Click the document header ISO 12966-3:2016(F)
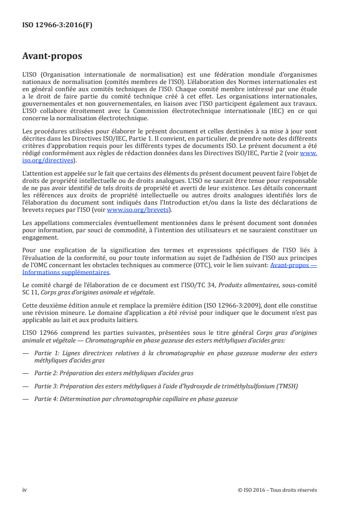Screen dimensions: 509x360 pyautogui.click(x=57, y=25)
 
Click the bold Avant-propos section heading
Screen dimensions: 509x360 pyautogui.click(x=52, y=57)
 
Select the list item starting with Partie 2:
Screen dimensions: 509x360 pyautogui.click(x=113, y=373)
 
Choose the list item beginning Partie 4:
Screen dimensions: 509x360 pyautogui.click(x=136, y=399)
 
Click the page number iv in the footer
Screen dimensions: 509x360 pyautogui.click(x=25, y=490)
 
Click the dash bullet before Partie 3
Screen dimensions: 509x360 pyautogui.click(x=26, y=386)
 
